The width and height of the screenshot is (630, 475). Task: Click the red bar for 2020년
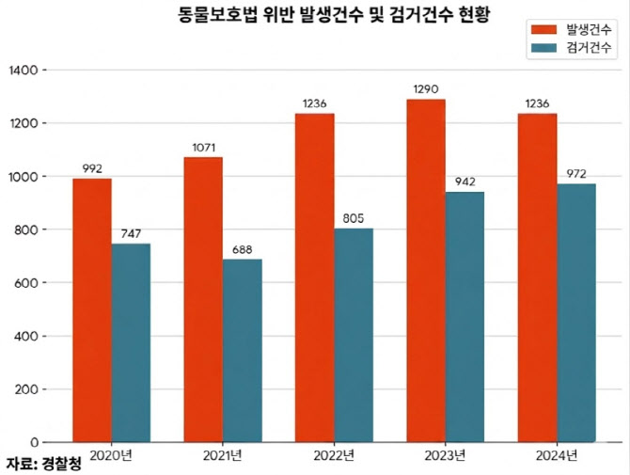click(92, 310)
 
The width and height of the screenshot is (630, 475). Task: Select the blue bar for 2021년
click(243, 351)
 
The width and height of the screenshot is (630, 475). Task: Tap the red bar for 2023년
click(426, 271)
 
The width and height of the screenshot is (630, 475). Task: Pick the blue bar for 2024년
click(576, 312)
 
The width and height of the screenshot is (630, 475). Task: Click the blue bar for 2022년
click(354, 335)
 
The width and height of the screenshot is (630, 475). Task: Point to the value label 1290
click(426, 88)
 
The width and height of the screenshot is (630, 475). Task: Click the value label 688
click(243, 249)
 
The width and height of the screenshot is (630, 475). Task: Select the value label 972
click(576, 174)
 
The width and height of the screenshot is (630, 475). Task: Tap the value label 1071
click(204, 148)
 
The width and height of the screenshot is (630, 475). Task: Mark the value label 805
click(354, 218)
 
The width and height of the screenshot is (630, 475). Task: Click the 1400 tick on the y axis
click(24, 71)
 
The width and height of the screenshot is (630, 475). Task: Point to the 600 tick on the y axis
click(26, 283)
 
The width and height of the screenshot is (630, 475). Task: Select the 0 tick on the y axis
click(35, 442)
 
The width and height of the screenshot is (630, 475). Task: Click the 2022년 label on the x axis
click(334, 456)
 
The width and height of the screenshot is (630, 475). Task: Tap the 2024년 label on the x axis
click(557, 456)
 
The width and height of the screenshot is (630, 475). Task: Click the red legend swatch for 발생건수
click(544, 30)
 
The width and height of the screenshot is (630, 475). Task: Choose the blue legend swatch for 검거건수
click(544, 48)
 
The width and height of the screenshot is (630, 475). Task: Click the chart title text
click(334, 15)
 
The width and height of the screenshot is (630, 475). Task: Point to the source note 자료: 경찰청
click(44, 464)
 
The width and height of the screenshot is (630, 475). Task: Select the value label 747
click(131, 234)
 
